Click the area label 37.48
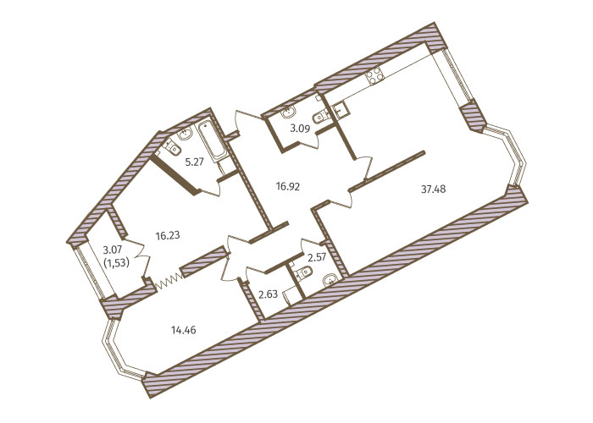pos(434,189)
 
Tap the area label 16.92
pos(287,186)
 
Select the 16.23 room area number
pos(168,236)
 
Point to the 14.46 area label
pos(184,331)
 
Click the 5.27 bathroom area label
pos(194,162)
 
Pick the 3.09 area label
pos(300,129)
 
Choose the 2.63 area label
pos(269,294)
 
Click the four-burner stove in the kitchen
pos(374,76)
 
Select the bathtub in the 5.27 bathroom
pos(212,140)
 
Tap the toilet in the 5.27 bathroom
pos(173,147)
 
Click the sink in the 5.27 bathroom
pos(186,134)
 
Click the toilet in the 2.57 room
pos(303,273)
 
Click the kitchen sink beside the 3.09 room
pos(341,110)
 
